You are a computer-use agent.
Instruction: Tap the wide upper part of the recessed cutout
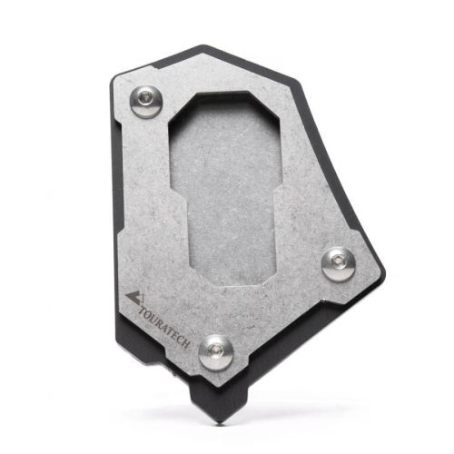[x=227, y=145]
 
